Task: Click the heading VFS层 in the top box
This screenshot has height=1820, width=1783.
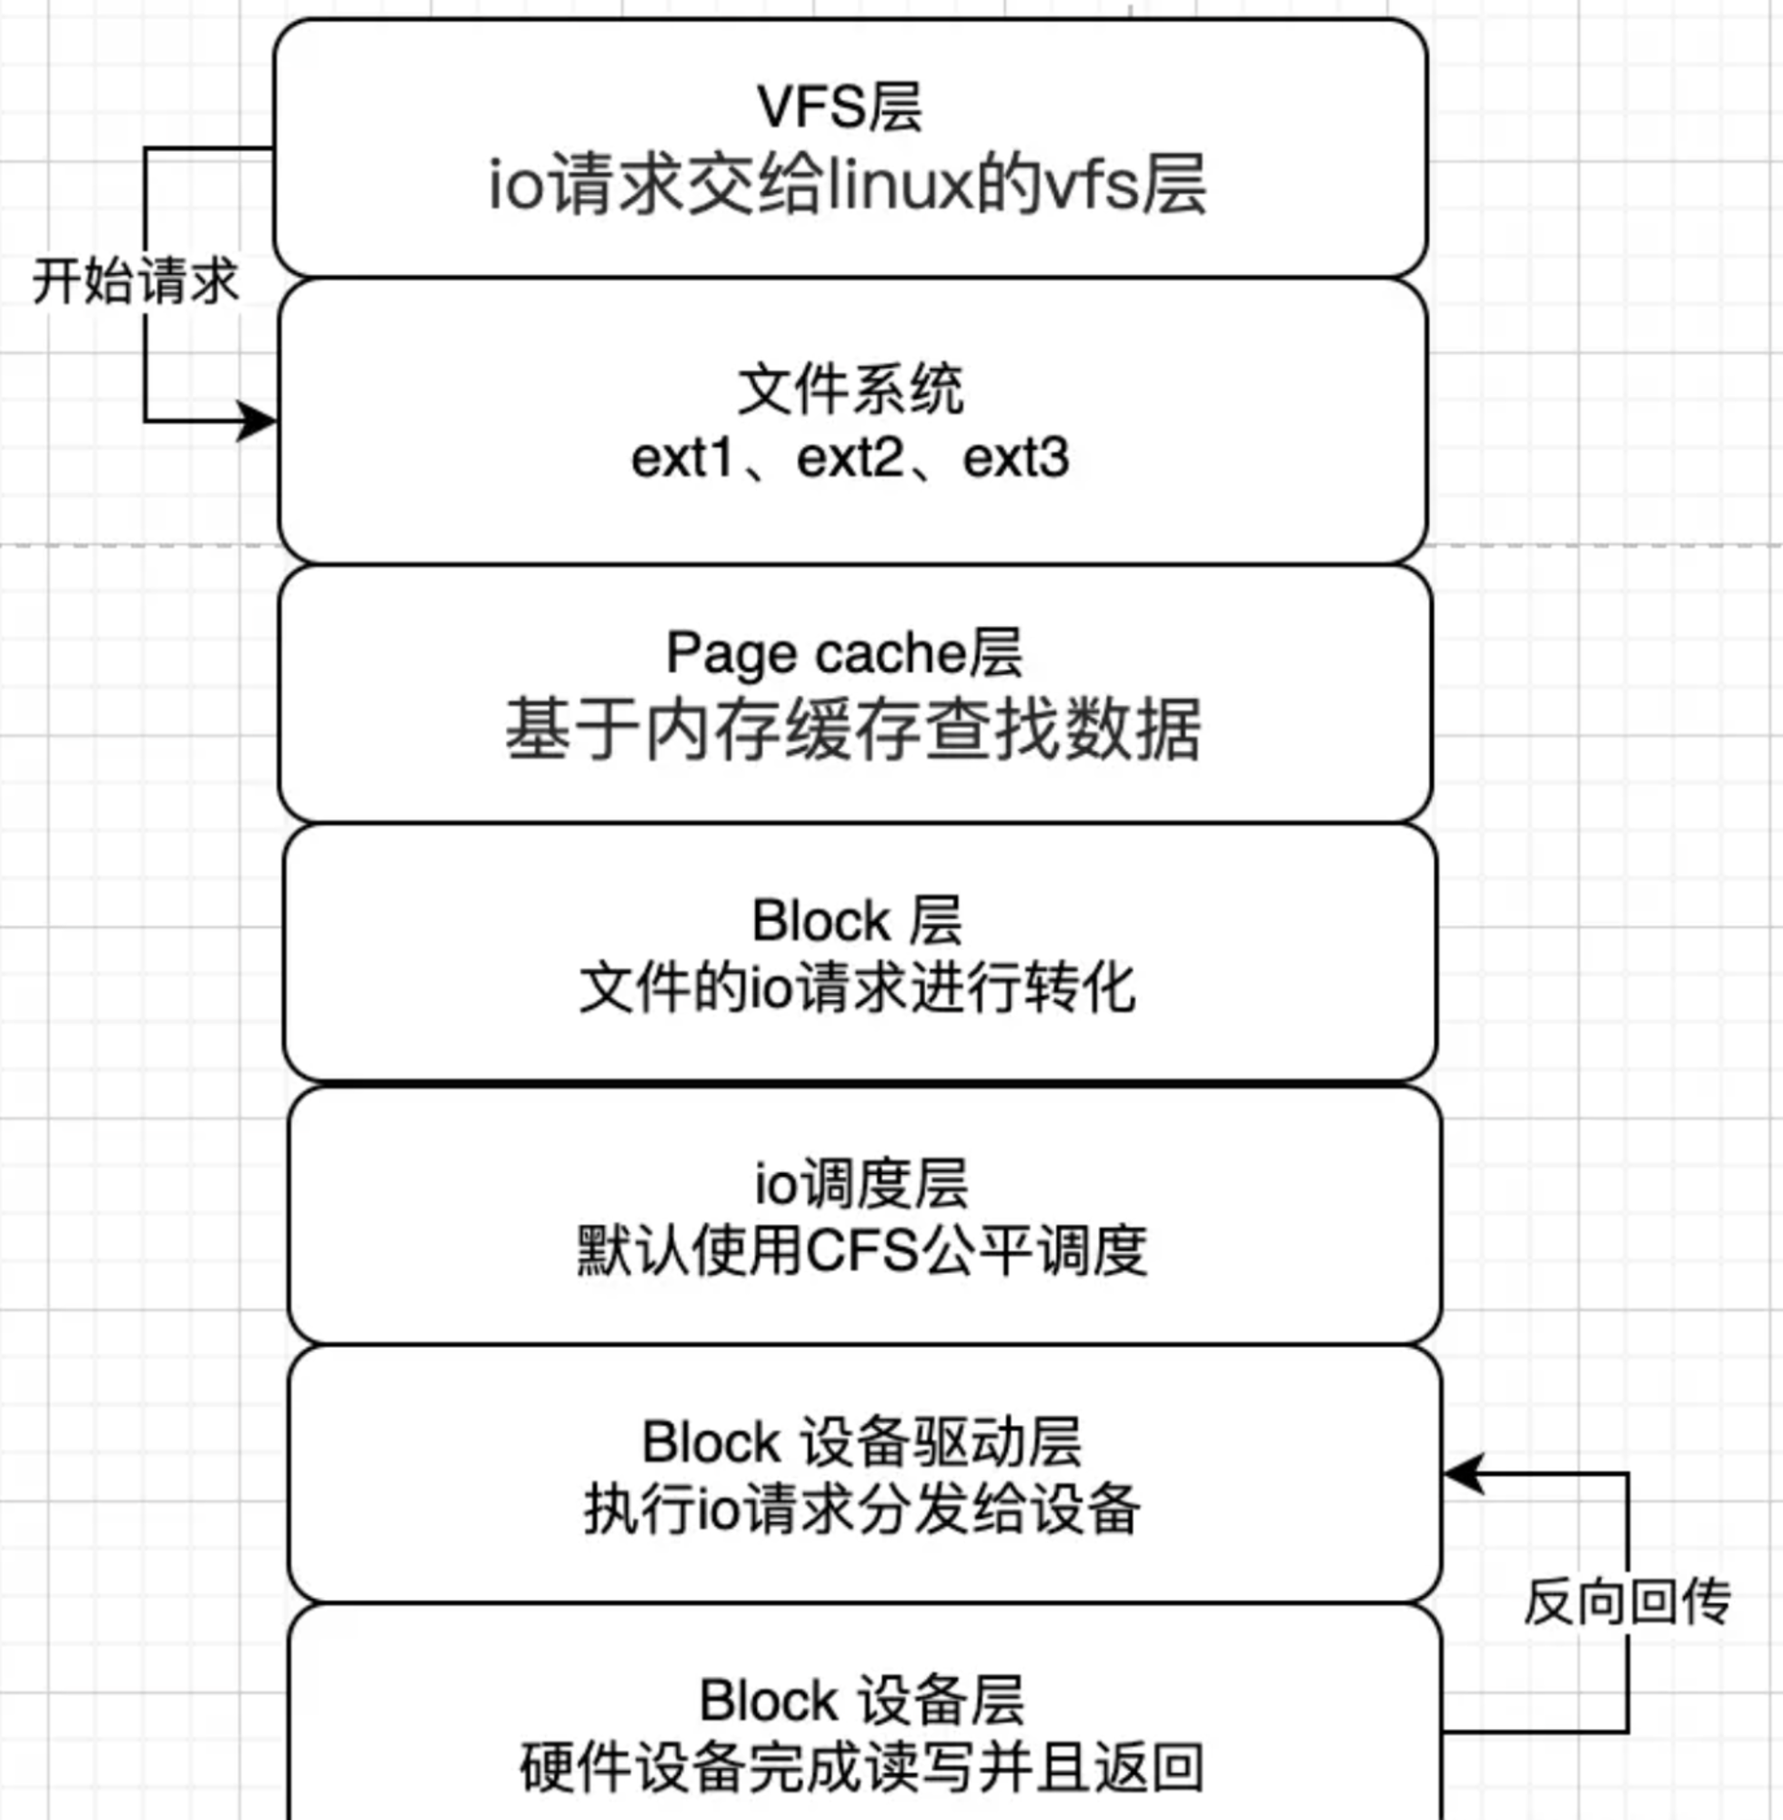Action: pos(839,106)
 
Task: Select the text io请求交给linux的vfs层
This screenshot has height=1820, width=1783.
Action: pos(848,185)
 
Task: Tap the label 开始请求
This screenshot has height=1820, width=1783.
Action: pos(136,281)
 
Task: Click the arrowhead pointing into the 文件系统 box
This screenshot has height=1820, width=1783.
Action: pos(257,420)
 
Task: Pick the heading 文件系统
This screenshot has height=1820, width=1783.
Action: pos(851,389)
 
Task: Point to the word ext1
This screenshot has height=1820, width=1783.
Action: pos(680,458)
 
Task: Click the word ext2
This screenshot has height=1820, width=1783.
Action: pos(850,458)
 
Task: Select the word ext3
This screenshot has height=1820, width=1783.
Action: pos(1016,458)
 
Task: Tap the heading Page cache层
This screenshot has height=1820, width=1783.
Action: pos(844,652)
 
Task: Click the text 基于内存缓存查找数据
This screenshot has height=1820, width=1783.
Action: pos(853,729)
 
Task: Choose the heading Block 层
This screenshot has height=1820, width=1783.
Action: pos(857,920)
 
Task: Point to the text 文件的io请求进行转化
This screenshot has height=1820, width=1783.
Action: pos(857,988)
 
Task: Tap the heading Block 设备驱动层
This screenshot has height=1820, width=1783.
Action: pos(861,1441)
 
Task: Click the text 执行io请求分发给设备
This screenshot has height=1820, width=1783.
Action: pos(861,1509)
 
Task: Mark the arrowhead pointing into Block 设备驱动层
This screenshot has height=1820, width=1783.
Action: pos(1464,1474)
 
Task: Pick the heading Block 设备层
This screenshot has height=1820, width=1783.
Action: pos(861,1700)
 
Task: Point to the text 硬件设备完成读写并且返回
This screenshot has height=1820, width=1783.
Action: pos(861,1766)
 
